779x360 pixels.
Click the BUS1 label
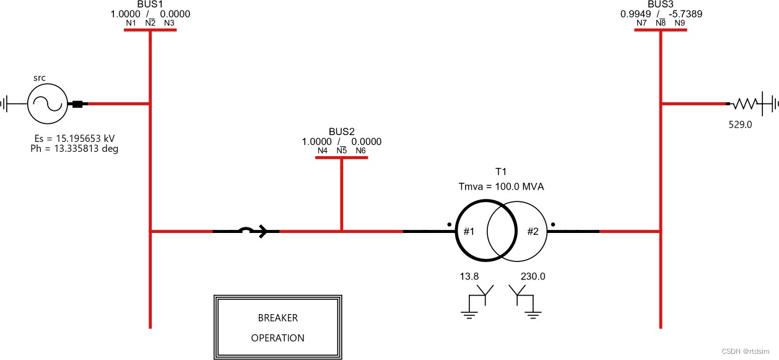[x=150, y=4]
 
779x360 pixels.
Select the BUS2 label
[x=341, y=131]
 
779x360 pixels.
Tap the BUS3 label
[x=661, y=4]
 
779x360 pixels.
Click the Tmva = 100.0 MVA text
[x=500, y=187]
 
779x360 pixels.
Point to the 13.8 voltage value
[x=469, y=276]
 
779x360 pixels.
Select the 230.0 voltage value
[x=533, y=276]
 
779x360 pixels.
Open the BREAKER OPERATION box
[x=277, y=328]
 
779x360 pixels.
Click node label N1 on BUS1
[x=131, y=24]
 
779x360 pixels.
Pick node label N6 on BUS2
[x=360, y=151]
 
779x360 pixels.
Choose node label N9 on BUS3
[x=680, y=24]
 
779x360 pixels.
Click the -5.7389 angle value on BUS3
[x=684, y=14]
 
